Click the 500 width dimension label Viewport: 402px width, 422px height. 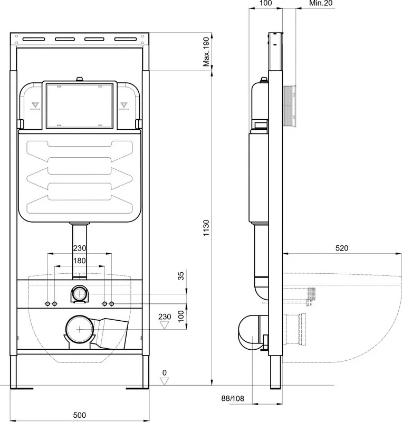[x=79, y=415]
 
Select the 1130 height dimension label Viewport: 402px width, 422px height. [x=206, y=228]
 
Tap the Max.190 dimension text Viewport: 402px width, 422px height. [x=206, y=52]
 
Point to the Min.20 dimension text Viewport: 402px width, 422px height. [x=321, y=3]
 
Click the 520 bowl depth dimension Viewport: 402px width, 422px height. [x=342, y=248]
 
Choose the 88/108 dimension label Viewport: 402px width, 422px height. [x=233, y=398]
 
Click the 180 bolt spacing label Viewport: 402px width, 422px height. [x=80, y=261]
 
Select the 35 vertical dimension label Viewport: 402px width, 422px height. [x=181, y=276]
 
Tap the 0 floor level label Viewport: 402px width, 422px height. [x=165, y=372]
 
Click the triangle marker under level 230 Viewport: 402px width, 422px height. [x=164, y=325]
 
